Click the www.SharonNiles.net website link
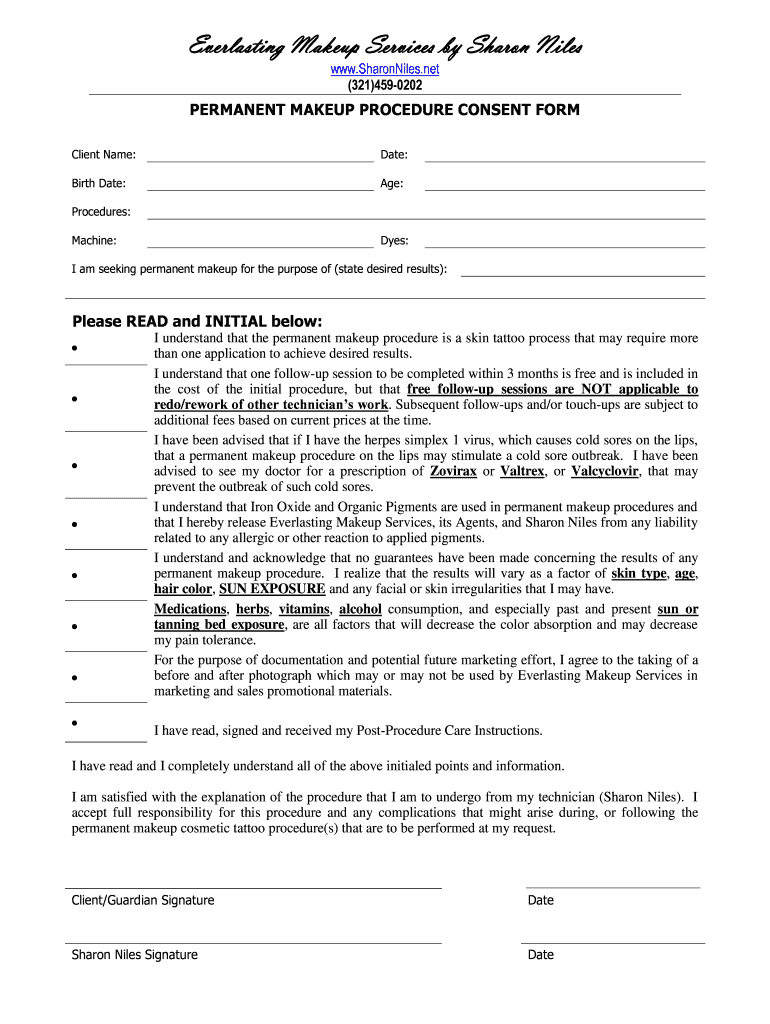tap(385, 69)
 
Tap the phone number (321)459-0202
tap(385, 85)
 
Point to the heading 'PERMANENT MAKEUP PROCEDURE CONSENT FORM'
tap(385, 110)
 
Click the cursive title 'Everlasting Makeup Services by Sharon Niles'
tap(385, 46)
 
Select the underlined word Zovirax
tap(453, 471)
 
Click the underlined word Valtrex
tap(522, 471)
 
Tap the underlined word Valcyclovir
tap(605, 471)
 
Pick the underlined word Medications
tap(190, 609)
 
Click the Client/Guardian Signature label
tap(142, 900)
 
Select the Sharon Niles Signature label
tap(134, 955)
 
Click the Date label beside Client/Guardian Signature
tap(541, 900)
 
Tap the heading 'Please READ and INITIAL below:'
tap(198, 321)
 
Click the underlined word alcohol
tap(360, 609)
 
